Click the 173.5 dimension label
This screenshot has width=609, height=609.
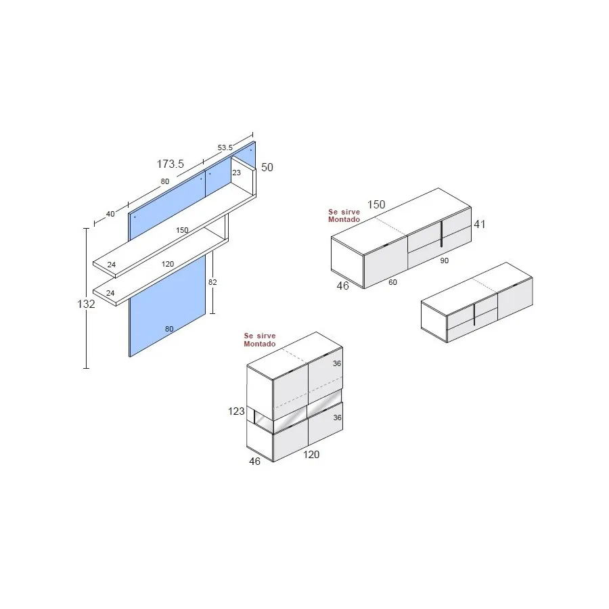pyautogui.click(x=171, y=164)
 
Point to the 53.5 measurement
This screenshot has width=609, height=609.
pyautogui.click(x=225, y=147)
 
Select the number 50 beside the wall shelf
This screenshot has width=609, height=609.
pyautogui.click(x=267, y=167)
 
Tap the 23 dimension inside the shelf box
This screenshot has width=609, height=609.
pyautogui.click(x=236, y=173)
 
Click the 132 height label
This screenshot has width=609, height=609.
pyautogui.click(x=86, y=304)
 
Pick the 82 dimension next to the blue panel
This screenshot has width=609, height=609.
pyautogui.click(x=212, y=282)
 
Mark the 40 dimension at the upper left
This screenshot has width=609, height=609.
pyautogui.click(x=110, y=214)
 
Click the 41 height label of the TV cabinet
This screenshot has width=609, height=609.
pyautogui.click(x=480, y=224)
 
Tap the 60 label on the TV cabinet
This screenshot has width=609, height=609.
pyautogui.click(x=392, y=282)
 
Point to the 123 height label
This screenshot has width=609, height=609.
pyautogui.click(x=235, y=411)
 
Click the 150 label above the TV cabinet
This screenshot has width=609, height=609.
pyautogui.click(x=376, y=205)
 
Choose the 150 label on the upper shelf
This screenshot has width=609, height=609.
pyautogui.click(x=182, y=230)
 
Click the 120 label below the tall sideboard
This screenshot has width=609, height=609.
pyautogui.click(x=311, y=455)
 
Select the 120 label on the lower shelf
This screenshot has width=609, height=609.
pyautogui.click(x=168, y=264)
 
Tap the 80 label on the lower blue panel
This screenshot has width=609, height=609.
pyautogui.click(x=169, y=330)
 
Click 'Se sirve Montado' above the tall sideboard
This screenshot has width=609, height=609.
pyautogui.click(x=260, y=340)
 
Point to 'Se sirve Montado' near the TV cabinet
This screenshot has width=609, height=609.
pyautogui.click(x=344, y=216)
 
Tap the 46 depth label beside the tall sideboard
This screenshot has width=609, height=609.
pyautogui.click(x=254, y=461)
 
